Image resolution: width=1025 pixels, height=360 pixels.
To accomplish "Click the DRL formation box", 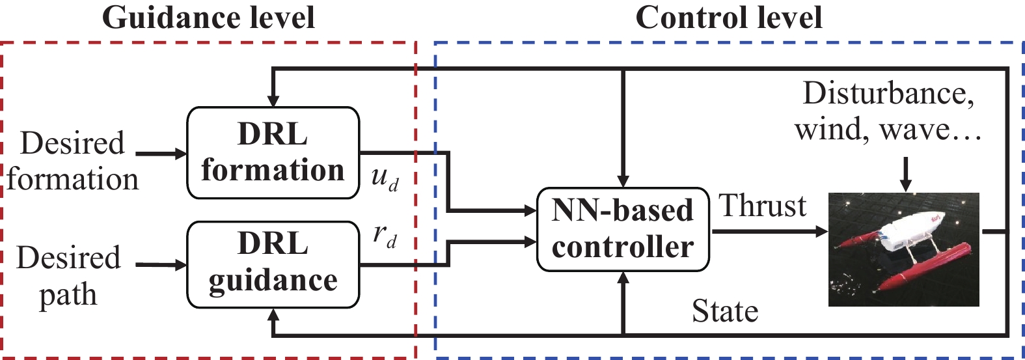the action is [x=273, y=152].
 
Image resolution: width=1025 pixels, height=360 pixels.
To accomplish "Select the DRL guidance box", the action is [x=273, y=264].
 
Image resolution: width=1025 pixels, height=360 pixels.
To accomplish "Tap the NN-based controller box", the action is [x=623, y=229].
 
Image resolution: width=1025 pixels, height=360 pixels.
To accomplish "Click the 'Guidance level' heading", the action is [x=208, y=18].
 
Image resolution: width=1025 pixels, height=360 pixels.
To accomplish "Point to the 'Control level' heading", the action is [x=728, y=18].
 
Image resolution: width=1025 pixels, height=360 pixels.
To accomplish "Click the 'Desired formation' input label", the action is [x=72, y=160].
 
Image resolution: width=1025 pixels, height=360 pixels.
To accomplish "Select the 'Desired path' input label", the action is [x=68, y=276].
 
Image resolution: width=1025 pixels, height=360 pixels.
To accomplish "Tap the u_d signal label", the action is [x=385, y=178].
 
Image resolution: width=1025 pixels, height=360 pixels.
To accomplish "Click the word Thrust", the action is [x=763, y=206].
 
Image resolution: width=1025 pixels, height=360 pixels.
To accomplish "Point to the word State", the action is [x=725, y=311].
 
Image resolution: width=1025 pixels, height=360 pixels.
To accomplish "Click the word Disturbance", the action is [x=888, y=94].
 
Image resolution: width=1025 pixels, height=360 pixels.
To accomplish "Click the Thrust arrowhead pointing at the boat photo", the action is [x=821, y=231].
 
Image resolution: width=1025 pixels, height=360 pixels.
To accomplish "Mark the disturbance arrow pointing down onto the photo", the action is [x=905, y=174].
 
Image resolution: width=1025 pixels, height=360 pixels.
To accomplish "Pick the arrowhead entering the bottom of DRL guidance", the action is [x=273, y=315].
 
